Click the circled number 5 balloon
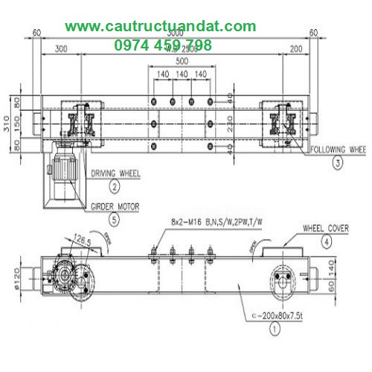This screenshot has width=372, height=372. click(114, 219)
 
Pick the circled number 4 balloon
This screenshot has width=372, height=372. click(325, 241)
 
